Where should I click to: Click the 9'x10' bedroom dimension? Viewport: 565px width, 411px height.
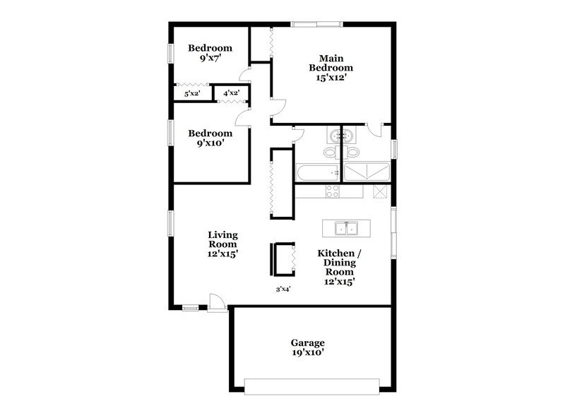(x=210, y=144)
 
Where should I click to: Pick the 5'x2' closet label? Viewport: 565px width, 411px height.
(x=192, y=93)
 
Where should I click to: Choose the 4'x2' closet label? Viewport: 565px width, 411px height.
(x=232, y=93)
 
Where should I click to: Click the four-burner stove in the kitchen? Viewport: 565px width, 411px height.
(x=333, y=191)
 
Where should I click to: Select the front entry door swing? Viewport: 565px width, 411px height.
(x=217, y=302)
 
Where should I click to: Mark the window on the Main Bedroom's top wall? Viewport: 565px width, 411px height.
(x=317, y=25)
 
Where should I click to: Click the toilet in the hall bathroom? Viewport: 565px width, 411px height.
(x=329, y=153)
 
